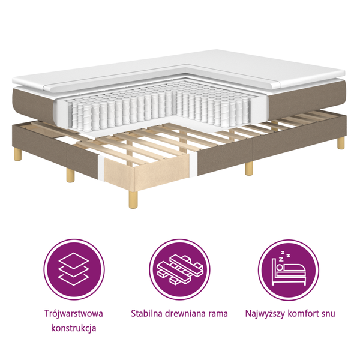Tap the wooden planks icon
(180, 269)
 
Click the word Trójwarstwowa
(73, 314)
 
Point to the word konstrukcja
(73, 328)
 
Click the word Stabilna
(146, 313)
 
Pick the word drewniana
(187, 313)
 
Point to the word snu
(328, 313)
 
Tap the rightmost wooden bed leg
(341, 143)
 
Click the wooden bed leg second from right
(248, 168)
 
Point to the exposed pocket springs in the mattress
(120, 112)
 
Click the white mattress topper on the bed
(252, 66)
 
